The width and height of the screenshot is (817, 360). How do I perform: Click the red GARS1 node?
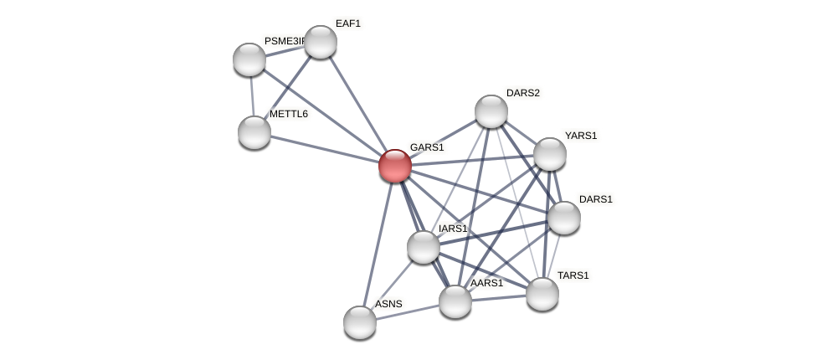tap(394, 166)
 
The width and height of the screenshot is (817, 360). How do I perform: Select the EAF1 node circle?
tap(320, 42)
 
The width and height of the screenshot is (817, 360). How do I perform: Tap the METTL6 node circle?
tap(254, 132)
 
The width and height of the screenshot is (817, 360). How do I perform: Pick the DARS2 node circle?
tap(491, 111)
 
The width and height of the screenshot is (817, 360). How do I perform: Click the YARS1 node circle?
tap(549, 154)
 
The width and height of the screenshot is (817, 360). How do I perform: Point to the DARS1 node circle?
tap(563, 218)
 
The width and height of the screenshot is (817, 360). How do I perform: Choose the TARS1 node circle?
tap(542, 294)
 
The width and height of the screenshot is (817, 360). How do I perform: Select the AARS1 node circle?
tap(455, 301)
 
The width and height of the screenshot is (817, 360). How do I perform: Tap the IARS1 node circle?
tap(423, 247)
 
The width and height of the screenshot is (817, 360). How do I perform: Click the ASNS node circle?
tap(359, 322)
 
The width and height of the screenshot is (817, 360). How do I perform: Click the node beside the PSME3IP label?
tap(249, 59)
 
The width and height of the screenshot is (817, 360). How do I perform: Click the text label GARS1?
tap(427, 147)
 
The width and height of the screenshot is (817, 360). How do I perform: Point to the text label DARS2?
tap(523, 93)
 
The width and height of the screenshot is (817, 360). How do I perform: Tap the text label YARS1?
tap(581, 136)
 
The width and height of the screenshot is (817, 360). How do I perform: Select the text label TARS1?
tap(573, 275)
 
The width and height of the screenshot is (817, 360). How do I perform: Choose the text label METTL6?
tap(289, 114)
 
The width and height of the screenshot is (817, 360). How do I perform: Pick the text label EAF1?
tap(348, 23)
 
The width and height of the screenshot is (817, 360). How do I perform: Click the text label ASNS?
tap(388, 304)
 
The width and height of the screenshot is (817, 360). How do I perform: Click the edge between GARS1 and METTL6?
tap(324, 149)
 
